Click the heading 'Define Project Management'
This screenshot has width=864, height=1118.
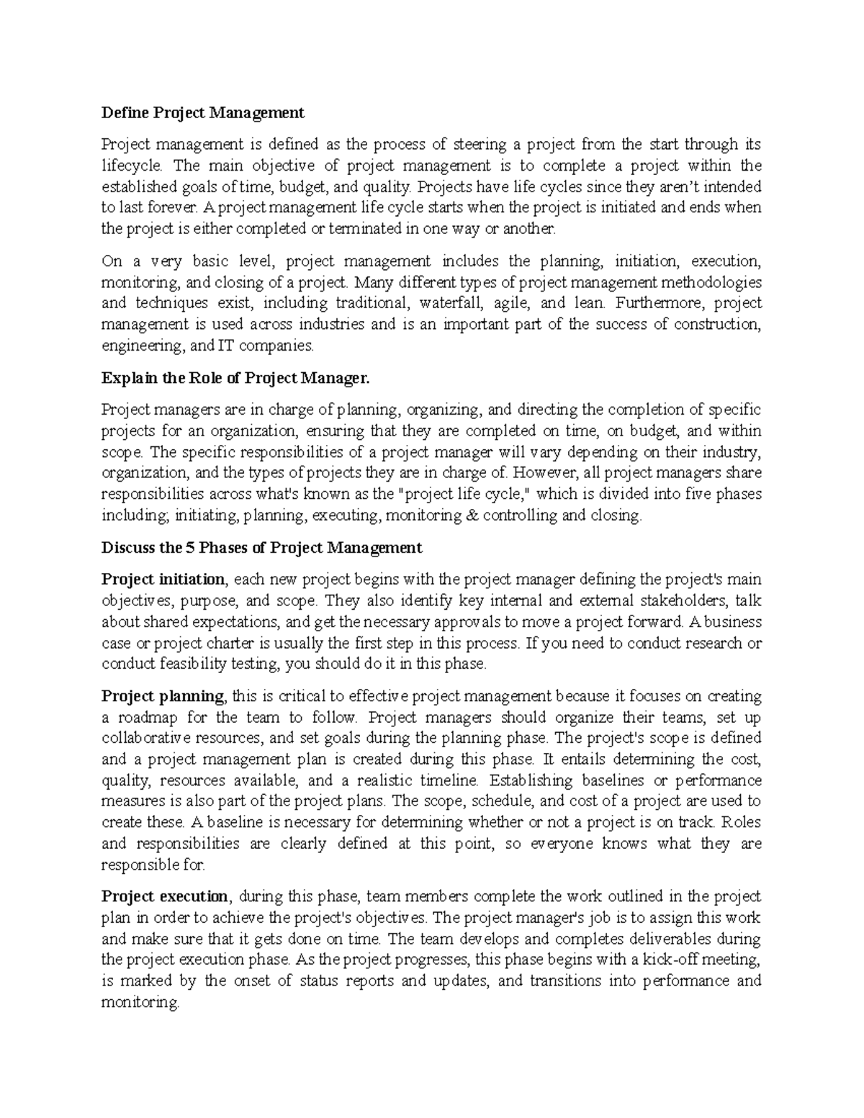(x=202, y=112)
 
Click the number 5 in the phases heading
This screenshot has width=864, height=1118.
(x=190, y=547)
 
